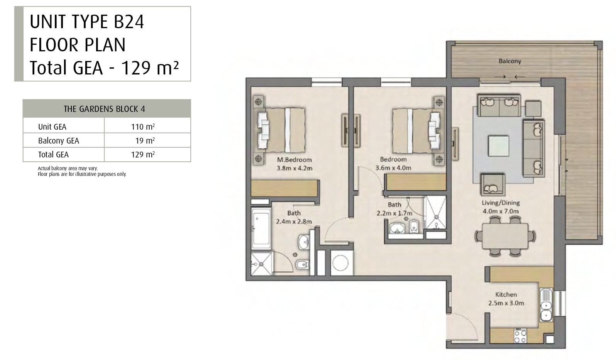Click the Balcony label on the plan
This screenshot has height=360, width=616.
[x=510, y=61]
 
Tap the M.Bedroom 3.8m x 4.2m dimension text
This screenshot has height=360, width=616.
[x=294, y=168]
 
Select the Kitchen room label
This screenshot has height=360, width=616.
[x=506, y=294]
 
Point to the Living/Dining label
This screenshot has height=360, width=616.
[x=501, y=203]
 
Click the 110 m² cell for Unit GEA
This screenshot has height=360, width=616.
[x=143, y=127]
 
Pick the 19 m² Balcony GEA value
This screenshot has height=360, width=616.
[x=145, y=140]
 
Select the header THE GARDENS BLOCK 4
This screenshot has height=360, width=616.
[x=104, y=109]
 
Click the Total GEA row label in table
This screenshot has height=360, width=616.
[x=53, y=155]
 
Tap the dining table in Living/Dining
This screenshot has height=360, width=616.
[x=505, y=236]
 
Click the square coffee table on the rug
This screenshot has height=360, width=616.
[x=498, y=146]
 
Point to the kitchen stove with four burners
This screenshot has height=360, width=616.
[x=520, y=336]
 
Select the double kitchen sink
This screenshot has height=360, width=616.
[x=546, y=305]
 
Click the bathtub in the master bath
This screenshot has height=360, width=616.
[x=261, y=228]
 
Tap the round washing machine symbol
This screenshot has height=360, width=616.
[x=341, y=263]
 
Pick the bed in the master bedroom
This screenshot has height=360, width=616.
[x=281, y=130]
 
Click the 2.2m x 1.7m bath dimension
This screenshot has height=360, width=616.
[x=394, y=213]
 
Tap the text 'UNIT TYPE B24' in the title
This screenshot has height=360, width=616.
[x=86, y=22]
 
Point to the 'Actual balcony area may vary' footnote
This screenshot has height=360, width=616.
[x=68, y=168]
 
